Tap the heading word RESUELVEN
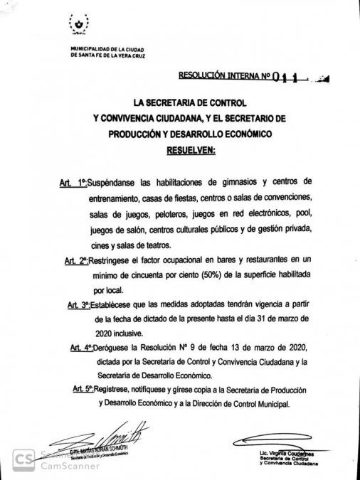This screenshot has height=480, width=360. (x=194, y=151)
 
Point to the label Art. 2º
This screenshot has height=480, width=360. (x=80, y=262)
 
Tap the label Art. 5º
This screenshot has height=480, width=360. (x=86, y=389)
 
